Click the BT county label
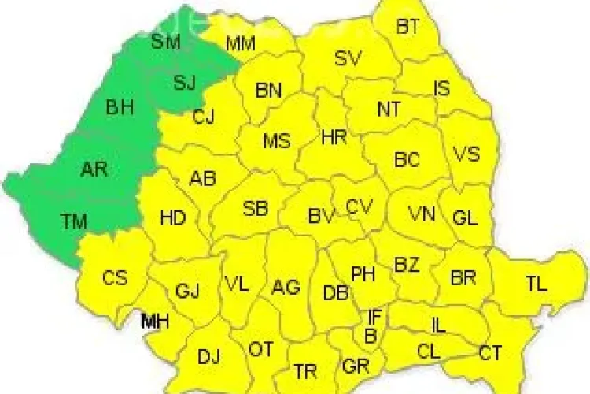point(407,27)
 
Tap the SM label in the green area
point(165,42)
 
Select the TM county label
point(74,221)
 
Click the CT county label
point(491,352)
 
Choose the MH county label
point(155,321)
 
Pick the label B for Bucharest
point(370,336)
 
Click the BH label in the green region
point(120,107)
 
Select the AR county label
point(94,168)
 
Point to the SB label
point(256,209)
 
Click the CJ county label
point(204,117)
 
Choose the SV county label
point(349,58)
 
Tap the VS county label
point(467,154)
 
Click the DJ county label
point(208,356)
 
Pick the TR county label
point(305,370)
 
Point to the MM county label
point(240,44)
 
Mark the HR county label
point(334,137)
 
